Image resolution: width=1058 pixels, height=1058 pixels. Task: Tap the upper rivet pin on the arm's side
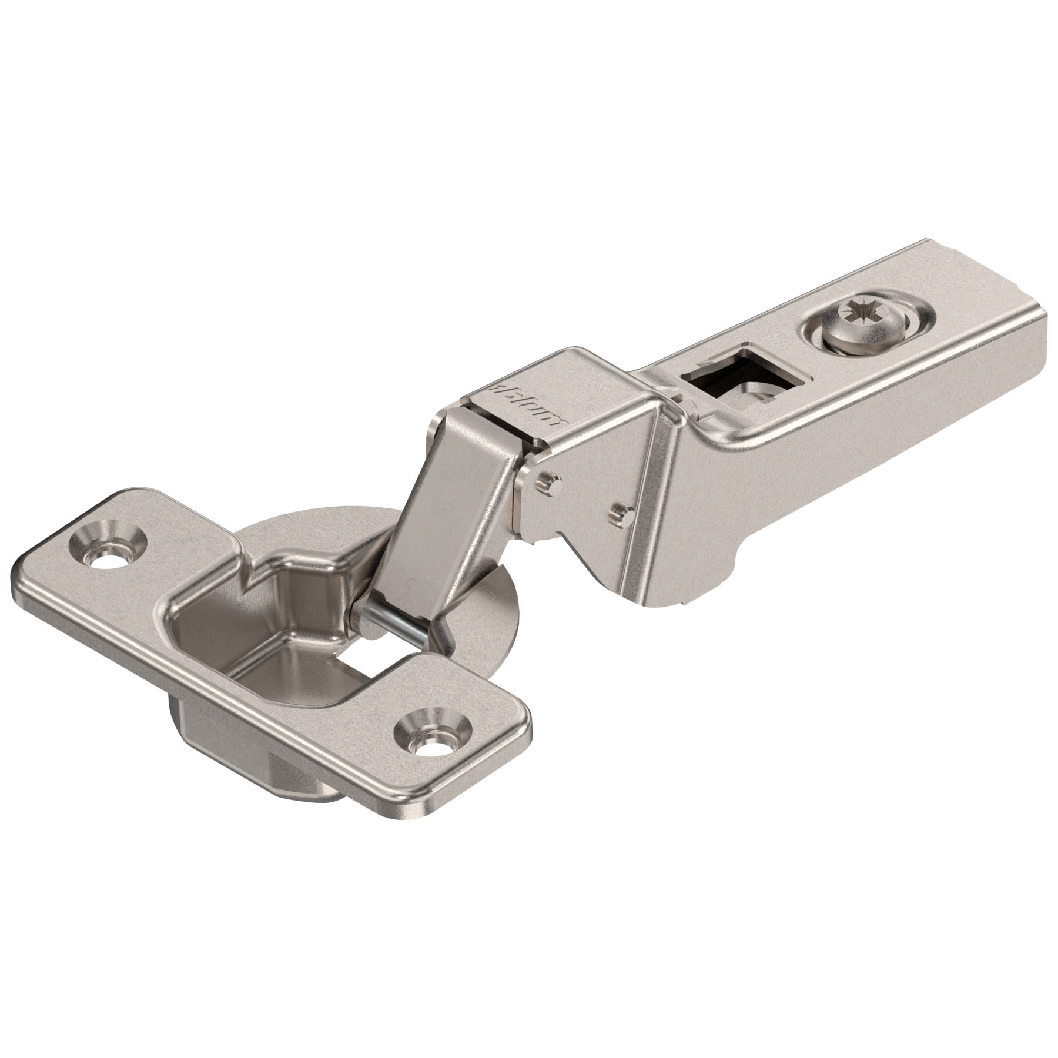point(548,466)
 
